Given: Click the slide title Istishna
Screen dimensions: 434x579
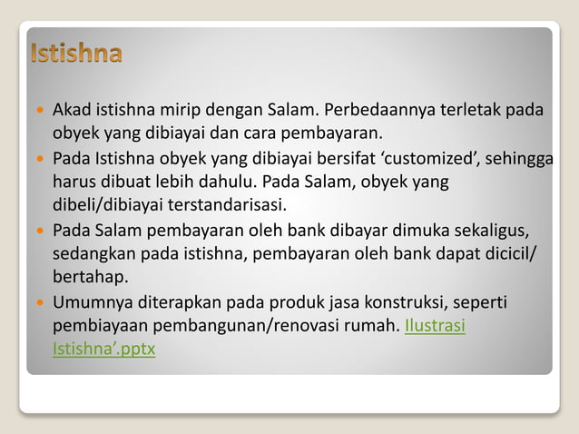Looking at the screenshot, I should (76, 54).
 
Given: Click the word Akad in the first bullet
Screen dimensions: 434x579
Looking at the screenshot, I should (70, 111).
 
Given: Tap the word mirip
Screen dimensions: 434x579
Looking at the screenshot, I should (182, 111).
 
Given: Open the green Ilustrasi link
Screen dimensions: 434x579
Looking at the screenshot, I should (436, 326).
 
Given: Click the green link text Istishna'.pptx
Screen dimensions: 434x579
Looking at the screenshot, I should (103, 349).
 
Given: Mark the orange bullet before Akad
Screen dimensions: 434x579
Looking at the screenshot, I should (39, 111).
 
